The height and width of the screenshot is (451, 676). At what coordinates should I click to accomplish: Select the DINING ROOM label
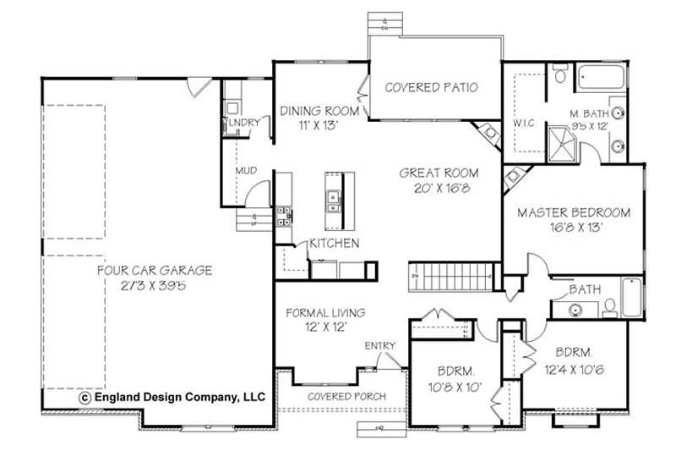[x=320, y=111]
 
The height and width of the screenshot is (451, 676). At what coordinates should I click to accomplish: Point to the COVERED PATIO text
[x=432, y=87]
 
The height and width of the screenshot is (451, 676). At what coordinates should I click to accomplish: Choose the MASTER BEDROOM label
[x=574, y=212]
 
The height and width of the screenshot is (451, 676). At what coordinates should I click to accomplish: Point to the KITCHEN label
[x=335, y=244]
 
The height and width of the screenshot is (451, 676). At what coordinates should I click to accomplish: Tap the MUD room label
[x=246, y=172]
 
